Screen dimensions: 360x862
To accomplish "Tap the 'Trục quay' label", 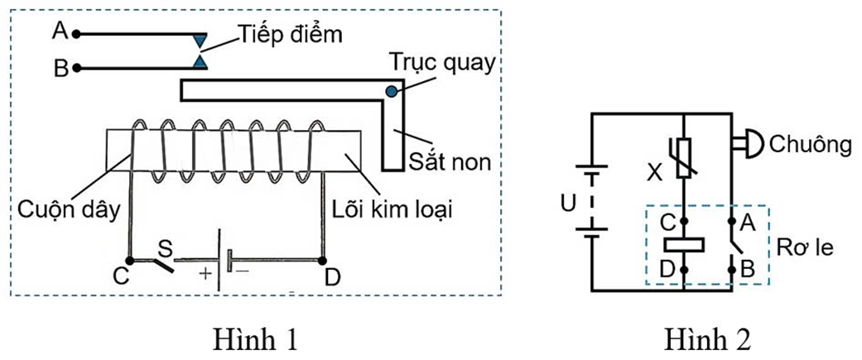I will point(445,63).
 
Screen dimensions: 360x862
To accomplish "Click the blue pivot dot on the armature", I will point(390,90).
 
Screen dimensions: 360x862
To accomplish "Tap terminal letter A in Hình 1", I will point(59,31).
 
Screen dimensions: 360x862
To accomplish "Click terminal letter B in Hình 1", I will point(60,69).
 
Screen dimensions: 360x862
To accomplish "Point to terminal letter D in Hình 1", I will point(332,280).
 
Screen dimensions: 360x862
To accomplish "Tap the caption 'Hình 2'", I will point(708,339).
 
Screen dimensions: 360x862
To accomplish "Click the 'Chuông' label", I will point(811,145).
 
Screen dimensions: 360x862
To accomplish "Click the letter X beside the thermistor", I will point(655,175).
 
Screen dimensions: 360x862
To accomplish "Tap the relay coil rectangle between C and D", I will point(684,245).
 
